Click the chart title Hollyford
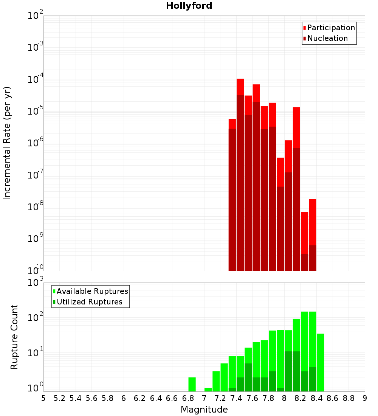[x=189, y=6]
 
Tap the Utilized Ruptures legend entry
[x=89, y=302]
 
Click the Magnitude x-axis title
[x=204, y=410]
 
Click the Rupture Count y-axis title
[x=14, y=337]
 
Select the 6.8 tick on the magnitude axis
[x=188, y=398]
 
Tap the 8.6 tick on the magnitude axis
[x=333, y=398]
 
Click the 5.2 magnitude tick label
[x=59, y=398]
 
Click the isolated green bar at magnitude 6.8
[x=192, y=384]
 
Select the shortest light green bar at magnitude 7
[x=208, y=390]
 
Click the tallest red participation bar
[x=240, y=87]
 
